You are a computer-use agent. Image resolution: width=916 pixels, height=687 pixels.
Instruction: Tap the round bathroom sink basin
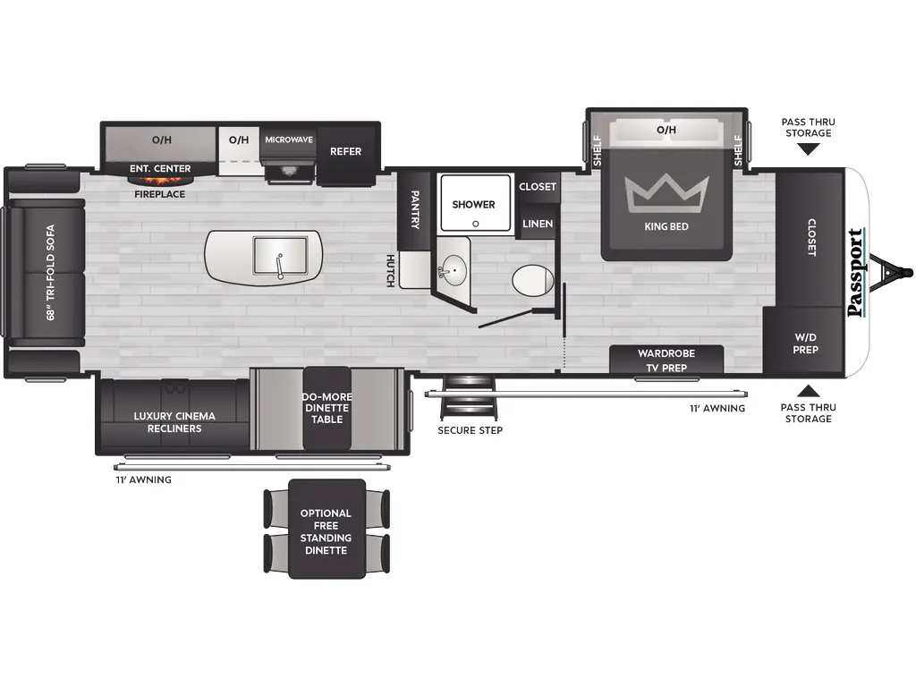pos(454,268)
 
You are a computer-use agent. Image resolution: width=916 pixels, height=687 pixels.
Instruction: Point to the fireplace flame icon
pos(160,181)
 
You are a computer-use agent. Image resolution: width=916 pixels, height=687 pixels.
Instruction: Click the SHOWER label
pos(473,205)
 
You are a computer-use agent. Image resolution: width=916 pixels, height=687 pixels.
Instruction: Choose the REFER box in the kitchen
pos(346,151)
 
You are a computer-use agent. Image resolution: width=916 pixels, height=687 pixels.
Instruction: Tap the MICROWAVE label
pos(289,140)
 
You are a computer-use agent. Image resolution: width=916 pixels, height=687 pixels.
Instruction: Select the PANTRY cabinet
pos(415,209)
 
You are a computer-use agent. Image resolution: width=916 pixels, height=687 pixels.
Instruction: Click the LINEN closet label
pos(538,224)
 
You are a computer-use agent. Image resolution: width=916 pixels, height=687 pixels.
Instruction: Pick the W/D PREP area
pos(805,343)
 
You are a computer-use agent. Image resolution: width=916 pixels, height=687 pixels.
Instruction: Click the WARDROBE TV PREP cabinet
pos(666,360)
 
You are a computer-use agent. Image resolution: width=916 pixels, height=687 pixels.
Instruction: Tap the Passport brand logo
pos(856,273)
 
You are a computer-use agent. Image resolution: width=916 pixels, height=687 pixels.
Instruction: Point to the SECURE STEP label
pos(470,430)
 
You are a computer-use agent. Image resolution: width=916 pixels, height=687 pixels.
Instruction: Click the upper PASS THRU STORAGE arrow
pos(808,149)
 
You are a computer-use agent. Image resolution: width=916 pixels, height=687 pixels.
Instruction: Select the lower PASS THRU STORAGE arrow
pos(808,390)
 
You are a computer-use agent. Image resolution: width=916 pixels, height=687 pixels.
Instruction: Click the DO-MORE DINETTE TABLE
pos(327,408)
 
